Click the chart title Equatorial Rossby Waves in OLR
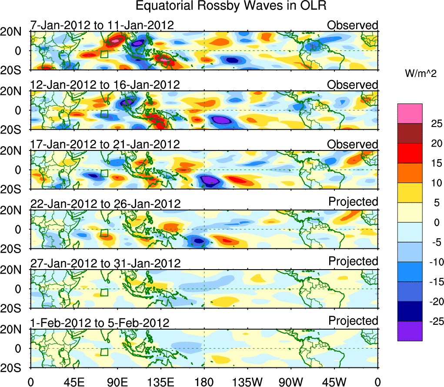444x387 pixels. click(230, 6)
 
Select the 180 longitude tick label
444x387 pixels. click(204, 381)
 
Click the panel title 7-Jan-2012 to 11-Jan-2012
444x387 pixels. click(102, 25)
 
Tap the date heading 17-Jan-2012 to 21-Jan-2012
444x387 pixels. click(105, 144)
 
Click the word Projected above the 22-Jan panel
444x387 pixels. click(353, 202)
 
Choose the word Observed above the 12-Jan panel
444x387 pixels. click(353, 85)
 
